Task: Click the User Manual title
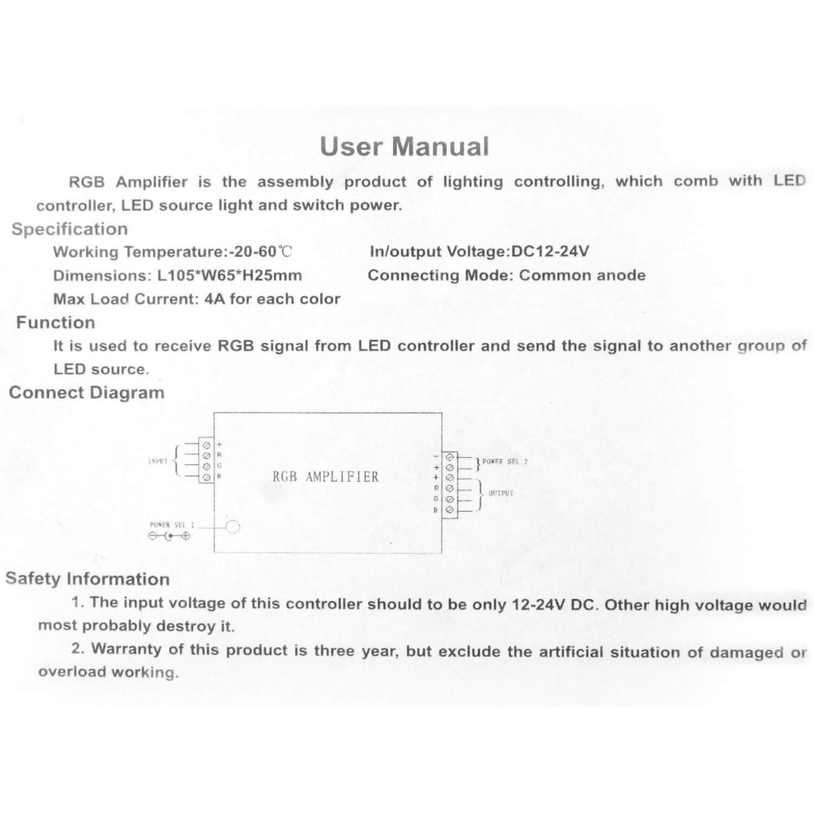coord(404,147)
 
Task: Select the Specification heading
coord(69,229)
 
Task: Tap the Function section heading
coord(55,322)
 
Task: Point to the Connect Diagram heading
coord(86,392)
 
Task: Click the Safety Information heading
coord(87,578)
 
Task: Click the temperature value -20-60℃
coord(260,252)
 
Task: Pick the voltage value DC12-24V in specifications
coord(550,251)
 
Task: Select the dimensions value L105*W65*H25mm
coord(230,276)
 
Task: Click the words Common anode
coord(582,275)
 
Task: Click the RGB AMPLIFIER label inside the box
coord(326,477)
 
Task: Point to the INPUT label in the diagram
coord(157,462)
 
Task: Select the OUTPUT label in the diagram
coord(500,493)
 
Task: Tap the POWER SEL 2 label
coord(505,462)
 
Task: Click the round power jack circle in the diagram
coord(232,526)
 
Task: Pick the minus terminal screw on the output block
coord(449,457)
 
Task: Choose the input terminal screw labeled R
coord(206,456)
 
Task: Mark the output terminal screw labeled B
coord(449,510)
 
